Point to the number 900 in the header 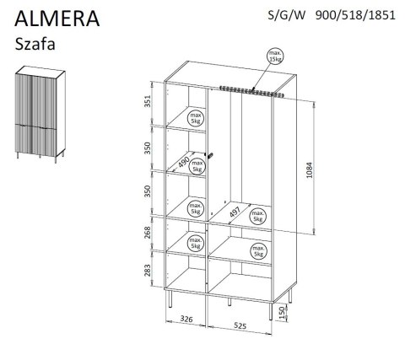(326, 14)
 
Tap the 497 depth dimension (234, 212)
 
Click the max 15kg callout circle (274, 58)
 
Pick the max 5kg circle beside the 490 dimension (197, 166)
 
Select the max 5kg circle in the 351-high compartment (195, 119)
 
